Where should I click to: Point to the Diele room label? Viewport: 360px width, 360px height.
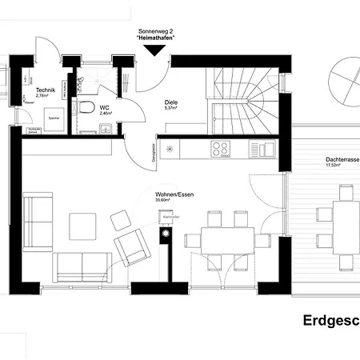point(170,102)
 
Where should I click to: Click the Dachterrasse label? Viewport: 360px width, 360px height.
point(341,160)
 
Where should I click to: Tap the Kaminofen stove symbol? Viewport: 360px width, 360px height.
point(166,234)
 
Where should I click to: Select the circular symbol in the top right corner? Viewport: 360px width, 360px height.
point(339,77)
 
